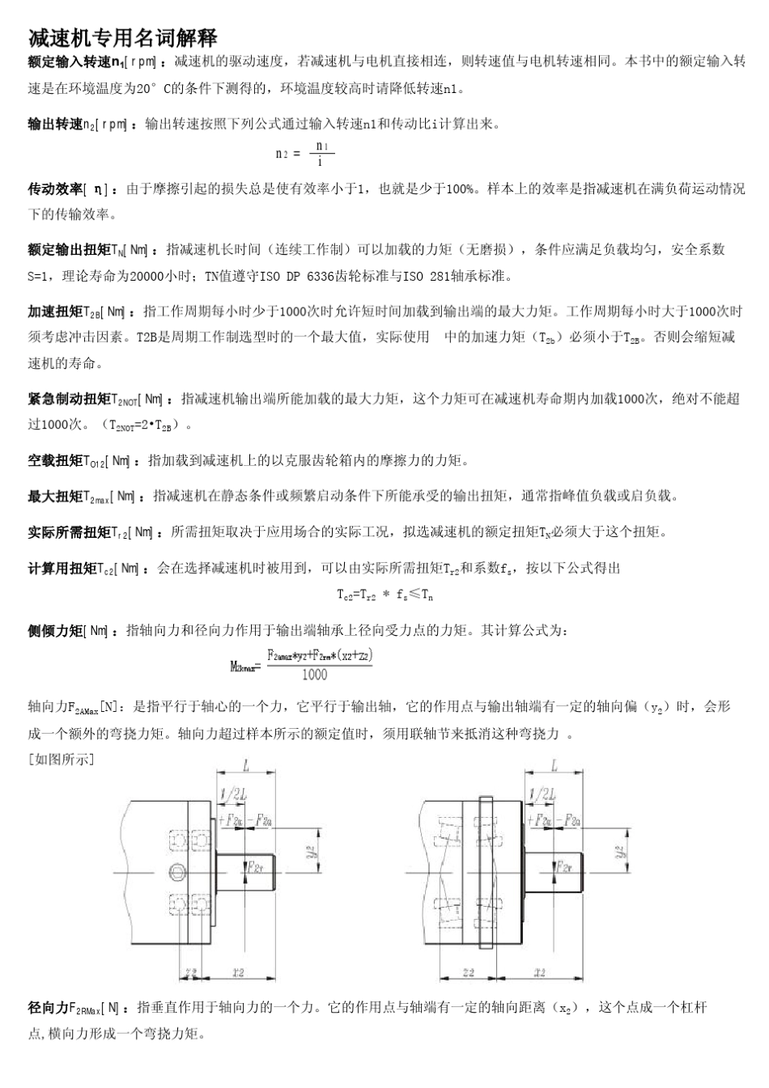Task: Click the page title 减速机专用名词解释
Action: pos(122,37)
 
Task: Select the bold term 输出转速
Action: pos(55,124)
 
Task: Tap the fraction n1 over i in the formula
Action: pos(321,153)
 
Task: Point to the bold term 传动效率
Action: pos(55,188)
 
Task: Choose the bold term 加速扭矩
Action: pos(55,311)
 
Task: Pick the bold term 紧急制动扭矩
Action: pos(69,398)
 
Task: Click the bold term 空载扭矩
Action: pos(55,460)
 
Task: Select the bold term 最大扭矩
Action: pos(55,496)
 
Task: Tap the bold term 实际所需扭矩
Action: pos(69,531)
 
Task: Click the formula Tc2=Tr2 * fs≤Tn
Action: pos(384,595)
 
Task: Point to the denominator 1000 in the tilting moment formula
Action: pos(314,674)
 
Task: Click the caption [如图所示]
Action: pos(62,759)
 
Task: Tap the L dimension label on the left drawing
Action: pos(246,765)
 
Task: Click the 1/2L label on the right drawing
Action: pos(542,795)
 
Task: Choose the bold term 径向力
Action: pos(48,1008)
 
